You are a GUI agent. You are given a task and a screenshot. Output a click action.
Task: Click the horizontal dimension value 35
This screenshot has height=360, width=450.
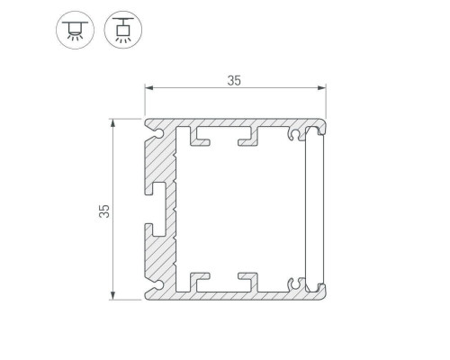point(234,81)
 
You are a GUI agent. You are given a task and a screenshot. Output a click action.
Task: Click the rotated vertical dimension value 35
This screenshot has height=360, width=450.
point(104,211)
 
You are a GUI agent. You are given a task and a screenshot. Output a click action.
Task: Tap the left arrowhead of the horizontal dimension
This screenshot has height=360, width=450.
point(149,87)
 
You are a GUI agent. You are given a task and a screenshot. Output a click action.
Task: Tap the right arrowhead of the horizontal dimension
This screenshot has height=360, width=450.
point(322,87)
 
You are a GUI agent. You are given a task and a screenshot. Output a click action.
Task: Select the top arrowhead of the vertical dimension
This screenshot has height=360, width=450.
point(112,123)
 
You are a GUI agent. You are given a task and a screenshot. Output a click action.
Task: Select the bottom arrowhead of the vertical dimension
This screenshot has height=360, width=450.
point(112,295)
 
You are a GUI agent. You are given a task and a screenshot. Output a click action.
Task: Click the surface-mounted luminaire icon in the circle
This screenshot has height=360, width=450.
point(75,30)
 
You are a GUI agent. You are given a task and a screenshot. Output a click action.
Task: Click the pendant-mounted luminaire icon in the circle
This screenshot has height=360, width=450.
point(123,30)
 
